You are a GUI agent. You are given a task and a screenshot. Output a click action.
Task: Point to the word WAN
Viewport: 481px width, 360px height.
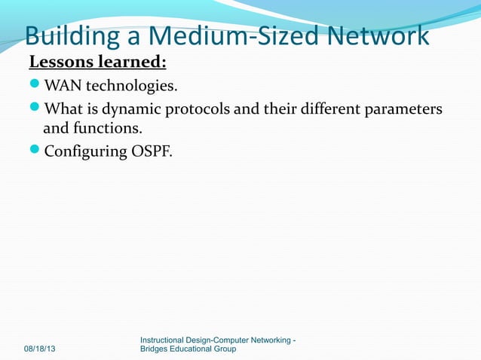(63, 82)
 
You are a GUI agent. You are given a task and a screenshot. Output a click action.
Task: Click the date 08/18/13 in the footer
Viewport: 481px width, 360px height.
(44, 349)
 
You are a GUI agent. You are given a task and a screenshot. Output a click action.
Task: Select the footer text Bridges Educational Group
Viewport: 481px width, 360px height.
(188, 349)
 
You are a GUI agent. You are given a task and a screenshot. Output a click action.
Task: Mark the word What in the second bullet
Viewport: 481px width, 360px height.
(63, 111)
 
